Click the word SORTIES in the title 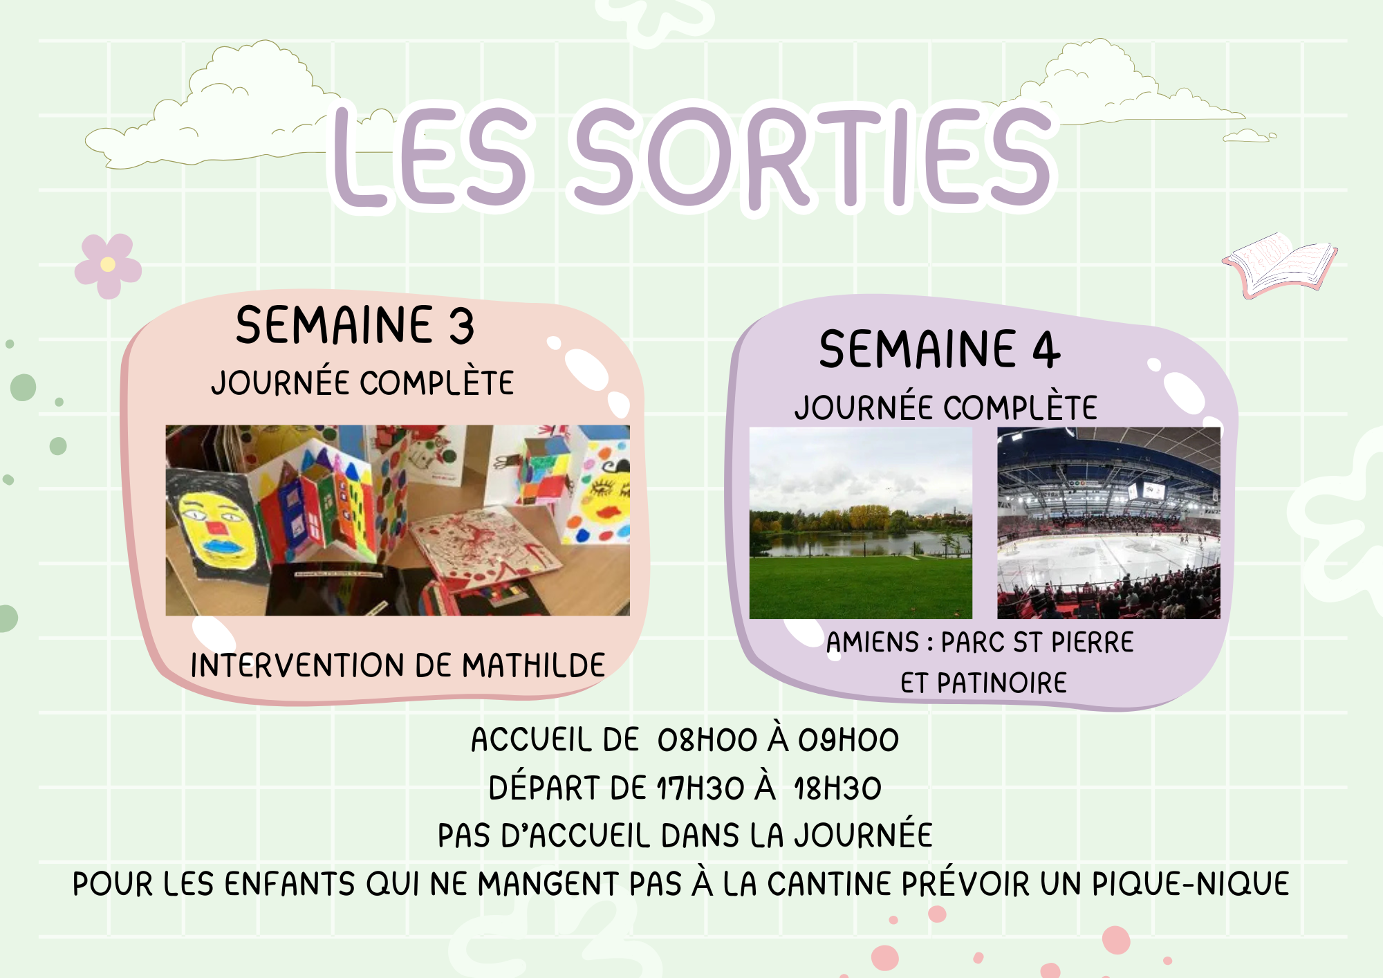[x=815, y=158]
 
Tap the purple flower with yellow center [x=108, y=266]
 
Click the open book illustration [x=1280, y=265]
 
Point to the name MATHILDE [x=533, y=665]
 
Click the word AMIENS [x=873, y=643]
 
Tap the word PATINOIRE [x=1002, y=683]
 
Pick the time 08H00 [x=707, y=740]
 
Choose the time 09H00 [x=848, y=740]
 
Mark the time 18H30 [x=837, y=788]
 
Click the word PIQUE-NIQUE [x=1191, y=884]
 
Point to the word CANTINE [x=830, y=884]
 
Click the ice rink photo [x=1108, y=523]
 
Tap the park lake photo [x=861, y=523]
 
